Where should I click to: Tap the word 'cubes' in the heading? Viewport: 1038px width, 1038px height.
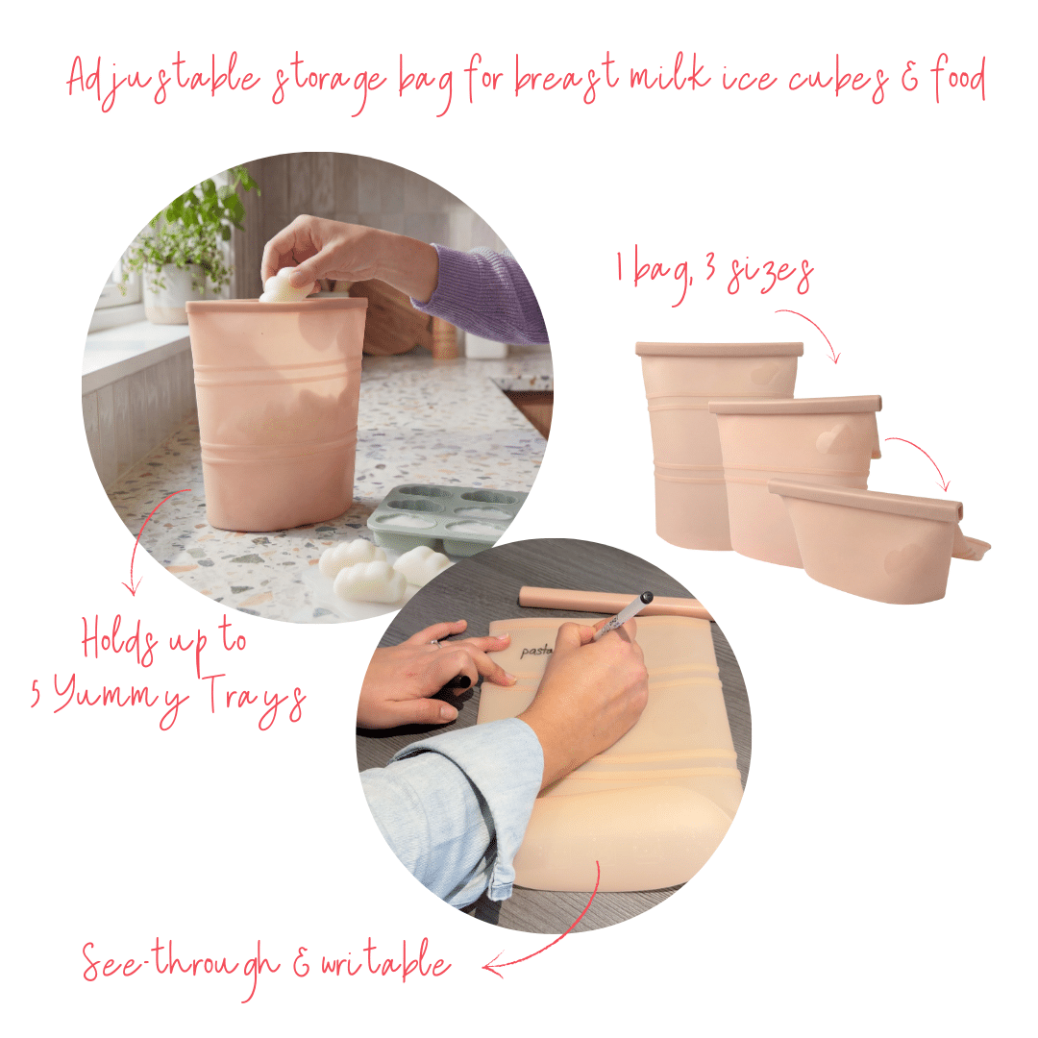tap(840, 80)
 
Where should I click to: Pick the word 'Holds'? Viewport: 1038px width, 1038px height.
tap(119, 639)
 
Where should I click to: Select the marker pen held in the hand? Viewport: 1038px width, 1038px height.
tap(622, 615)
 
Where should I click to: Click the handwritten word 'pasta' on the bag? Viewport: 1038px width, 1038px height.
tap(535, 651)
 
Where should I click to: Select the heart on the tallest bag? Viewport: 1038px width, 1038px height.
tap(766, 374)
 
